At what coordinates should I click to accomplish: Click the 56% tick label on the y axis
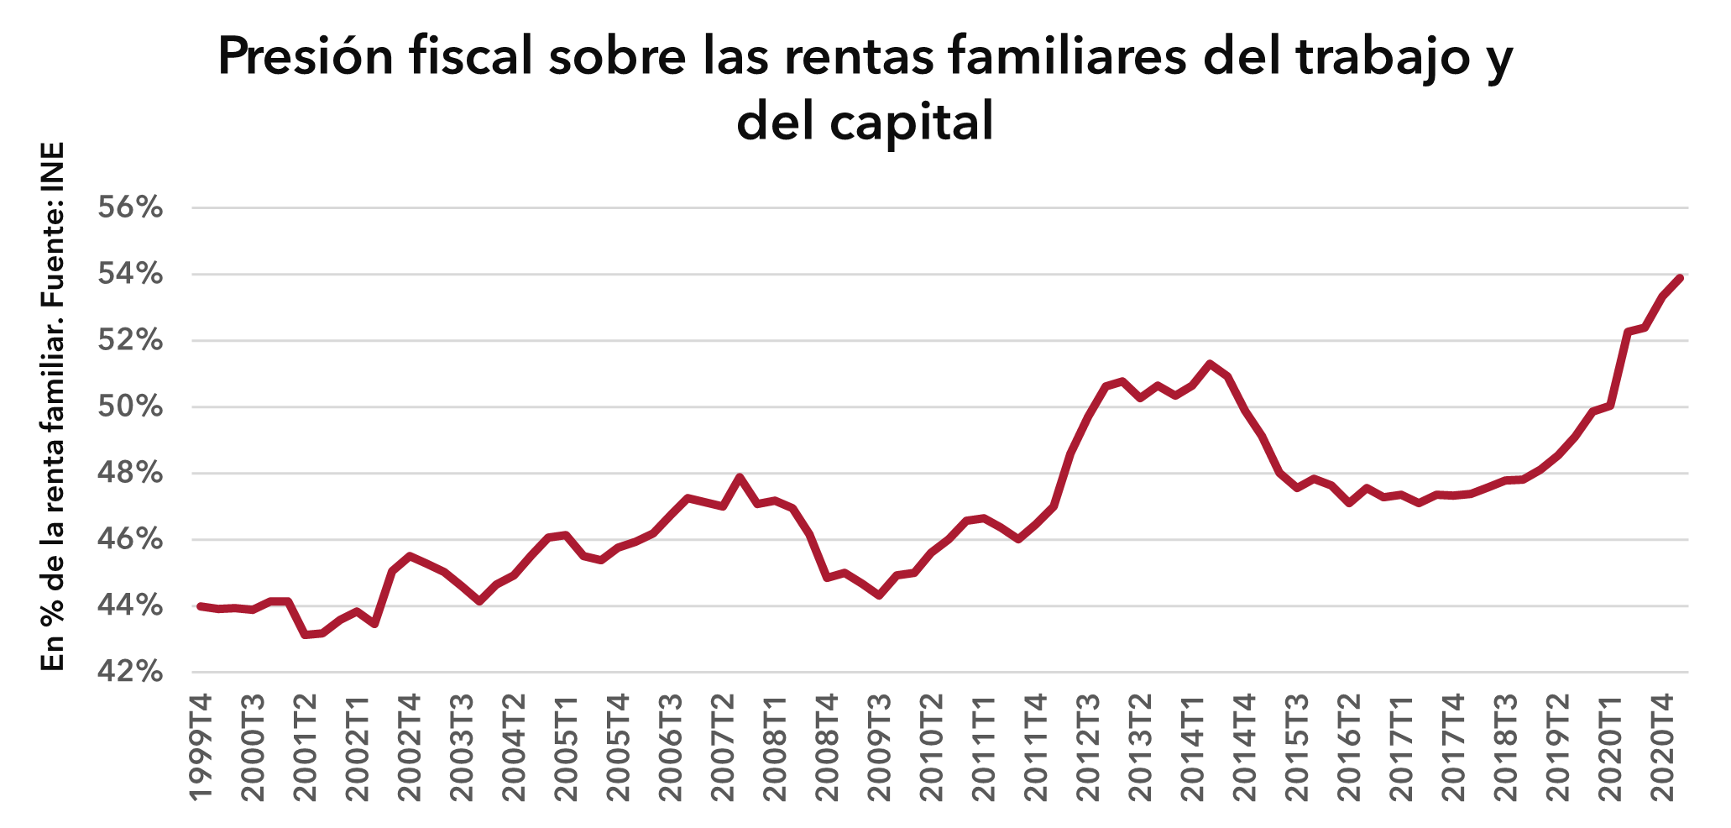click(x=129, y=207)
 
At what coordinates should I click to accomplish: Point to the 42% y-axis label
click(x=129, y=672)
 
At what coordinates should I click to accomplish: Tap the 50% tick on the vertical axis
click(x=129, y=407)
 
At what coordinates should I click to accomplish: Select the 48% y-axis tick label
click(x=129, y=474)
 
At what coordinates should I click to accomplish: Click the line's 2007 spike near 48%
click(x=740, y=477)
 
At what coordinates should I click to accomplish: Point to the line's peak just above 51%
click(x=1210, y=364)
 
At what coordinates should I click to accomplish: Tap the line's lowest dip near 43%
click(x=306, y=634)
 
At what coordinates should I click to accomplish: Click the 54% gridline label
click(x=129, y=274)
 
